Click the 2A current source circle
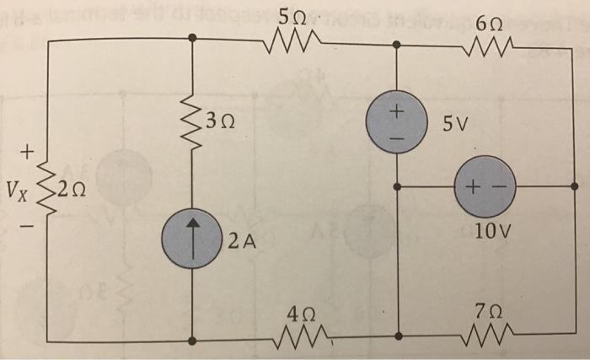tap(194, 237)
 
